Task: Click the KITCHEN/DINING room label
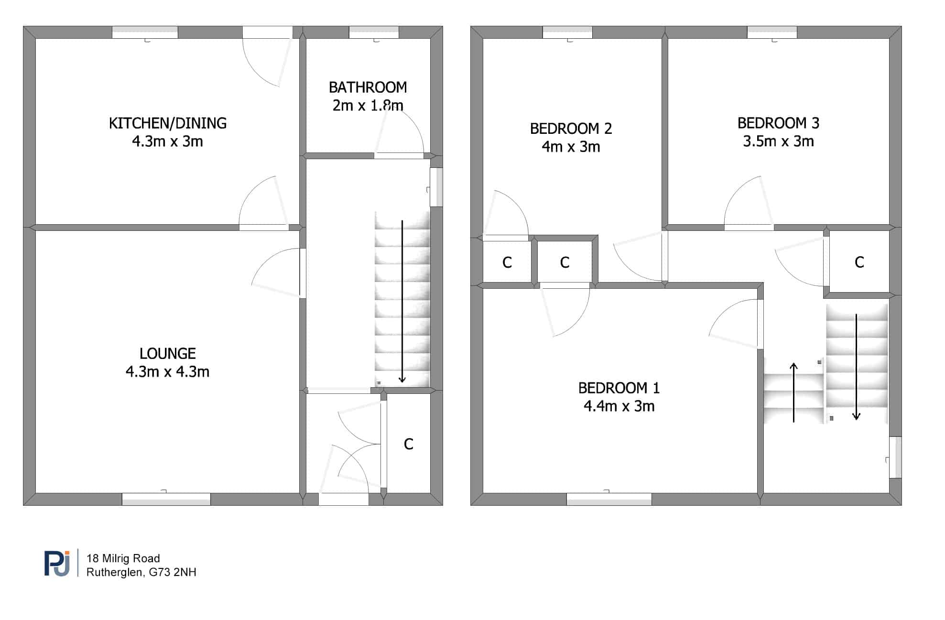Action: pyautogui.click(x=168, y=123)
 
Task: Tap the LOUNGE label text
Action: pyautogui.click(x=168, y=354)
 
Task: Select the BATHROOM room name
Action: pyautogui.click(x=368, y=87)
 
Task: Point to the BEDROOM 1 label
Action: pyautogui.click(x=619, y=388)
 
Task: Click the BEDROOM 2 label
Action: pyautogui.click(x=571, y=129)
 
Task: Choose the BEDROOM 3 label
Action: pyautogui.click(x=779, y=123)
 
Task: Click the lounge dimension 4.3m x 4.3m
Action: pyautogui.click(x=168, y=372)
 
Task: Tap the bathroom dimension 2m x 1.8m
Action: pyautogui.click(x=368, y=105)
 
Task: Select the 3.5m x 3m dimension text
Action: pyautogui.click(x=779, y=141)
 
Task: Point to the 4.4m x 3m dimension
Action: pyautogui.click(x=619, y=406)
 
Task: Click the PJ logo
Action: pyautogui.click(x=57, y=563)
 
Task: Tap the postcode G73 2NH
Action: pyautogui.click(x=173, y=572)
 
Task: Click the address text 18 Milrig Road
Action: pyautogui.click(x=123, y=558)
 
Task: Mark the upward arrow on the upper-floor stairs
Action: pyautogui.click(x=794, y=392)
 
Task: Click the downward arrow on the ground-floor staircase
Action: pyautogui.click(x=402, y=302)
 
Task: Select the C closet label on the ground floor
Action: pyautogui.click(x=409, y=445)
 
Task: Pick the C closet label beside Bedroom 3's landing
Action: pyautogui.click(x=859, y=262)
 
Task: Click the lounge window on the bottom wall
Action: pyautogui.click(x=166, y=499)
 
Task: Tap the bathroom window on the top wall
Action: pyautogui.click(x=374, y=33)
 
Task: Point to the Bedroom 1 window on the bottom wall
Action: pyautogui.click(x=609, y=499)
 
